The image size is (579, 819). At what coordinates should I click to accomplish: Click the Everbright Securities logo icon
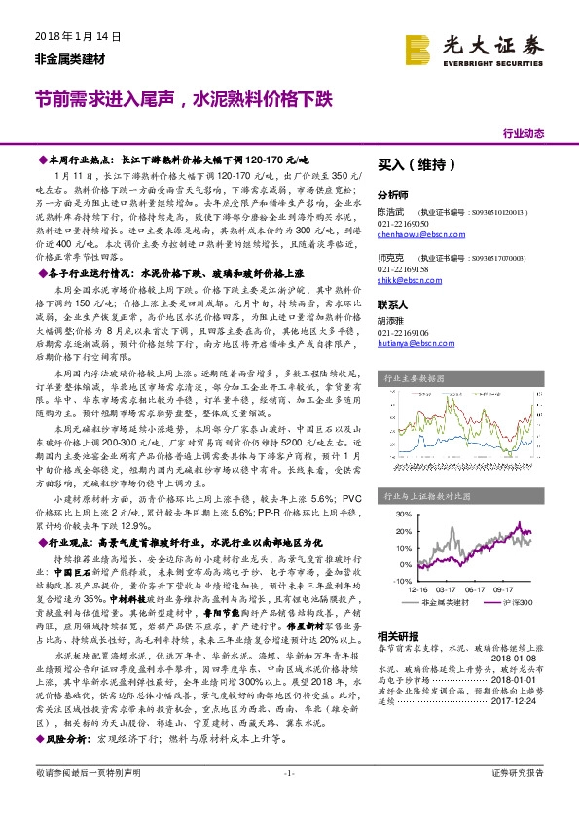click(418, 46)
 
